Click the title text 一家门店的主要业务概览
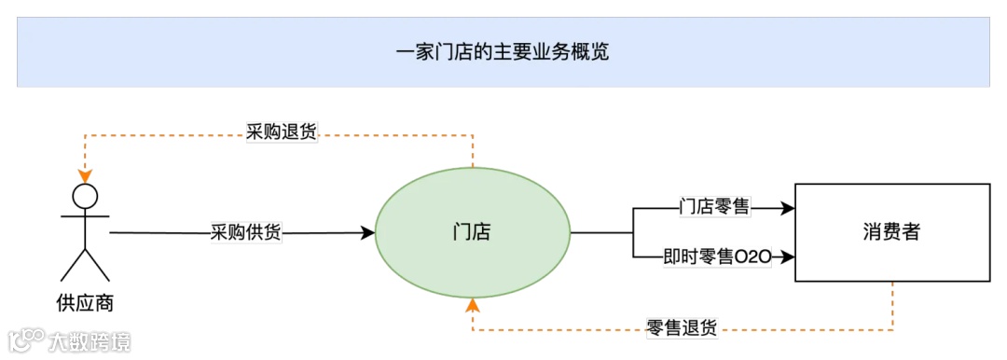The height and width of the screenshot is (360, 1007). tap(503, 52)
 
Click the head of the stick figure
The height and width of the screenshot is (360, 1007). tap(85, 196)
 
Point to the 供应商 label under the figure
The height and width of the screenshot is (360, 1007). tap(85, 304)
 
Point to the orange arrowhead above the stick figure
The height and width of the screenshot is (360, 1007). tap(85, 175)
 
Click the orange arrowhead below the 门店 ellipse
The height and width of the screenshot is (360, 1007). tap(473, 305)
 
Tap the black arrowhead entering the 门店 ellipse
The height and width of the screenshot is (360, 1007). tap(367, 232)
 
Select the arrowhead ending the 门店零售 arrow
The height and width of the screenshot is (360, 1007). tap(788, 209)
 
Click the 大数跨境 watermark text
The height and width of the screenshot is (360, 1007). tap(90, 341)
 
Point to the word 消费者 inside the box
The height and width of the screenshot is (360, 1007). tap(891, 232)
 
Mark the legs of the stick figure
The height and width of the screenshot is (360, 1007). tap(85, 264)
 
